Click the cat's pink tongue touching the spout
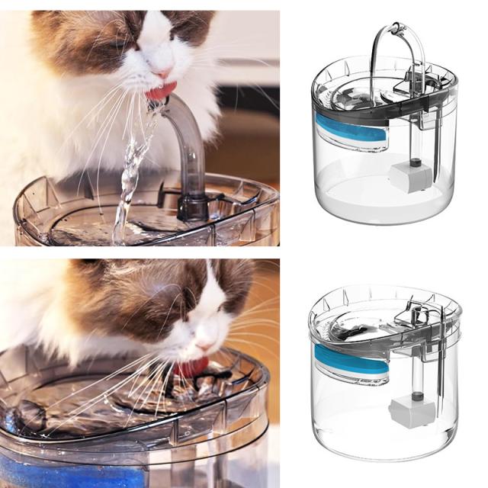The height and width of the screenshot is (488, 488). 159,91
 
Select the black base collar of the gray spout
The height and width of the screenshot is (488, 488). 194,206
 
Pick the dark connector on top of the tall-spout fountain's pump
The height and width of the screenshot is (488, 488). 415,162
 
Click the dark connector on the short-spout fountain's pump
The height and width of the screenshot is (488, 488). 416,395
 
